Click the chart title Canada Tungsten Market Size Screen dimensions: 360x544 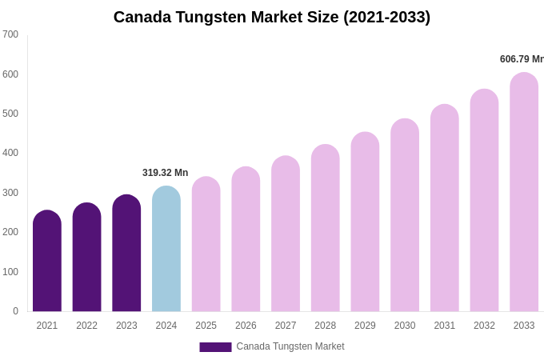(272, 17)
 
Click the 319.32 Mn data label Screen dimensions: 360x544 (165, 173)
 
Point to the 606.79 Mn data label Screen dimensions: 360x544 (521, 59)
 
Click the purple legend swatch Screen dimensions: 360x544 (215, 347)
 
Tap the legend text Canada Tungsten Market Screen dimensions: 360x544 (290, 346)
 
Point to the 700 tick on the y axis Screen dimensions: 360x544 (10, 34)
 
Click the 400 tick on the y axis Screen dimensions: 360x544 (10, 153)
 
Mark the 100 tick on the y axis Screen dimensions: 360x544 (10, 272)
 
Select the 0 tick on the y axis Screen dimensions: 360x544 (15, 311)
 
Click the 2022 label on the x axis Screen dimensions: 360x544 (86, 326)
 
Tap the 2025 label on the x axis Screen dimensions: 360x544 (206, 326)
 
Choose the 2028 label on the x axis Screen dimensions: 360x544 (326, 326)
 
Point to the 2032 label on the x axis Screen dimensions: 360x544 (484, 326)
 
